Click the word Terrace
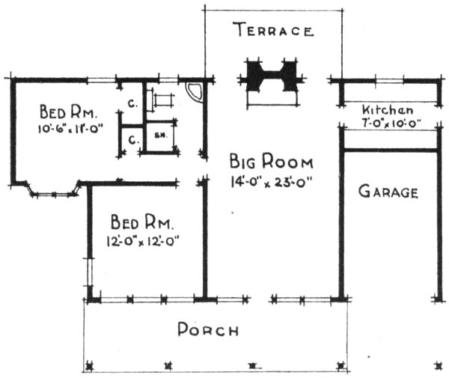272,31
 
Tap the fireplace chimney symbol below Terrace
272,76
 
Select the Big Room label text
272,162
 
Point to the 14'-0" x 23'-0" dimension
271,180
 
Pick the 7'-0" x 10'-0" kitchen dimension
389,123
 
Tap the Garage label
388,192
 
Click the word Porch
208,330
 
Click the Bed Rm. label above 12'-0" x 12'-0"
142,222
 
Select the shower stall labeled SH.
159,136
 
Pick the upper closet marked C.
130,104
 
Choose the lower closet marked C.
130,139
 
